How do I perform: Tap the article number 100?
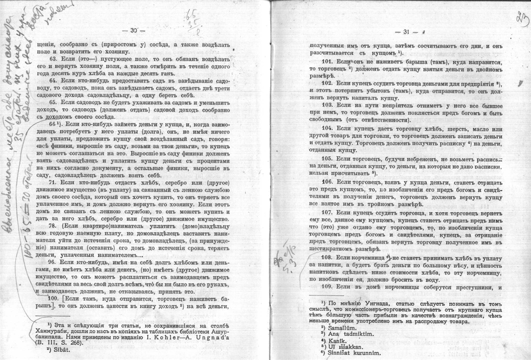click(55, 298)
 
